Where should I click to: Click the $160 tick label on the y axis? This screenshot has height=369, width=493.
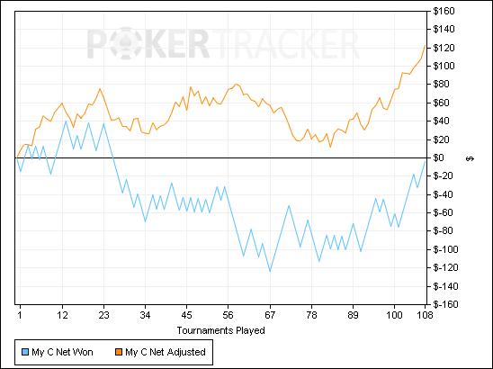[444, 12]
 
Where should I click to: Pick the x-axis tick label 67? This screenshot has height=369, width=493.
[270, 315]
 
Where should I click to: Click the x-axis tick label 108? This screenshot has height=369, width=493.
[426, 315]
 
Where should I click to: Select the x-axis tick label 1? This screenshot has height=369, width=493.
[20, 315]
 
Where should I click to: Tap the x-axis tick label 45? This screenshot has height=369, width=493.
[187, 315]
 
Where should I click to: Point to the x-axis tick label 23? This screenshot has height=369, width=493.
[103, 315]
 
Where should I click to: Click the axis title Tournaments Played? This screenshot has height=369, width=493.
[220, 330]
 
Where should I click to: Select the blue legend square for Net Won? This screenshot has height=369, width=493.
[25, 352]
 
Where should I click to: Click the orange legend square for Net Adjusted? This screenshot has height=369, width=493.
[119, 352]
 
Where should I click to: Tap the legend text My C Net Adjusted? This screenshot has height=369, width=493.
[166, 352]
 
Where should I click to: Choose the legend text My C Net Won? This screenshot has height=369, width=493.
[62, 352]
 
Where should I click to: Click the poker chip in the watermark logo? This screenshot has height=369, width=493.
[128, 43]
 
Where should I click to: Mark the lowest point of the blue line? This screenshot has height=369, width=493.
[270, 271]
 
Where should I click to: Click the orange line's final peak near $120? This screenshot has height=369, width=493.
[426, 45]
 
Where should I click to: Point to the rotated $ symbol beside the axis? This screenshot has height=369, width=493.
[470, 159]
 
